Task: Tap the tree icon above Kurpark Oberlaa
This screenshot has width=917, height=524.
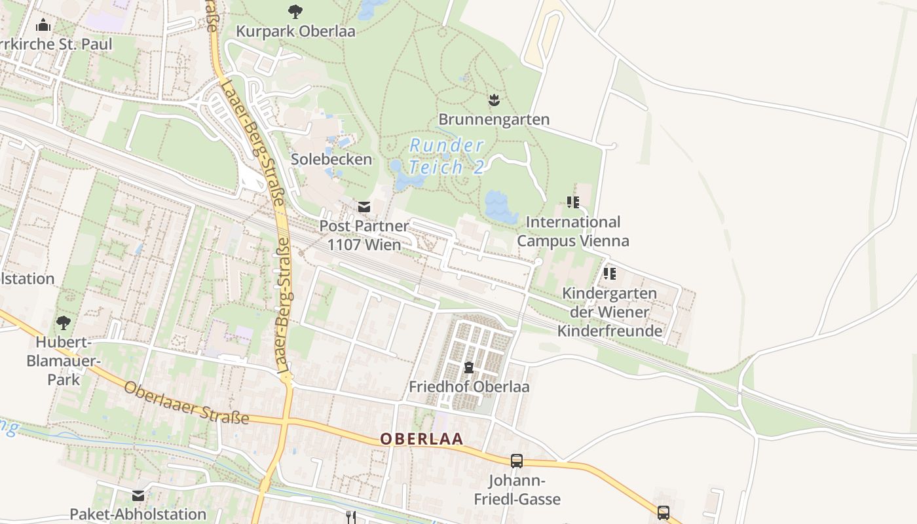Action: (x=295, y=11)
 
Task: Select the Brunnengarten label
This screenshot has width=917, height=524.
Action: (x=493, y=119)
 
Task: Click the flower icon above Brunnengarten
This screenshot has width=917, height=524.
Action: (x=494, y=100)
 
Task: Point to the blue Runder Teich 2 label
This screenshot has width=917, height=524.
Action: (x=447, y=156)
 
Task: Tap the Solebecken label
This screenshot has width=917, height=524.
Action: (x=331, y=159)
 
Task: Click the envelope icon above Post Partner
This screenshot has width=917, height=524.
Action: (x=364, y=207)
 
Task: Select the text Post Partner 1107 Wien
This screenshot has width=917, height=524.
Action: (x=364, y=235)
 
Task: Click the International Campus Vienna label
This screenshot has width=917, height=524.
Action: (x=573, y=231)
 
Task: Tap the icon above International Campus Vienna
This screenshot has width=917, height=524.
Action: (x=573, y=202)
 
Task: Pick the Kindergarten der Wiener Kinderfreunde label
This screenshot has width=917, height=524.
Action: (x=609, y=312)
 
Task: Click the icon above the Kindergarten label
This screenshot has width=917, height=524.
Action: (x=610, y=273)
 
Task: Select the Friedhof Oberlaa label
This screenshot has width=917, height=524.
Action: (x=469, y=386)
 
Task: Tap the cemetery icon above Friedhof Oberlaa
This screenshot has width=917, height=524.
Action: (x=469, y=367)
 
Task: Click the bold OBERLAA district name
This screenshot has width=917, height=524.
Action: (x=422, y=438)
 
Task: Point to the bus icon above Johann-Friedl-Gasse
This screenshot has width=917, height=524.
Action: (x=517, y=460)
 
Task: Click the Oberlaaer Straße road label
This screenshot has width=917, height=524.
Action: (x=187, y=402)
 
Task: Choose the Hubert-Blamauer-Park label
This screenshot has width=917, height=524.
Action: (x=64, y=360)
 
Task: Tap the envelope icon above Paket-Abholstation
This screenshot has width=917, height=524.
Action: (x=138, y=496)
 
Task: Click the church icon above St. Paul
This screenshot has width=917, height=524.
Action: (x=44, y=25)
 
